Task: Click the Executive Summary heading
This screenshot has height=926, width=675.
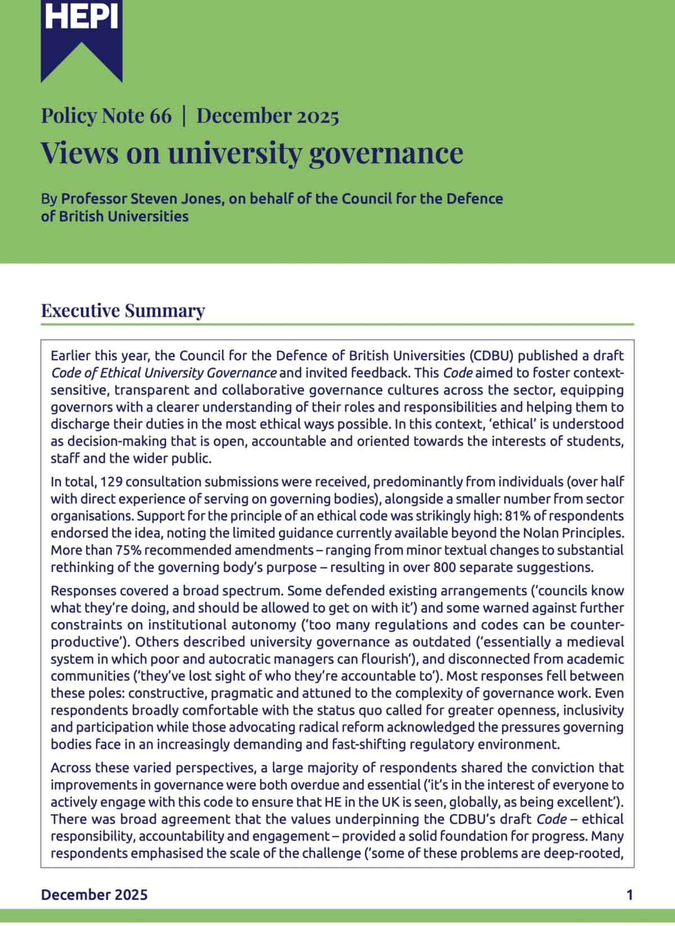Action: [x=123, y=311]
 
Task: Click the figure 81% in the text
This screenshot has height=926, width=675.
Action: [x=515, y=516]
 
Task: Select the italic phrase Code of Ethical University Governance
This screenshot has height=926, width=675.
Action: [x=163, y=373]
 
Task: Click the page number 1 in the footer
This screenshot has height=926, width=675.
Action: [x=629, y=894]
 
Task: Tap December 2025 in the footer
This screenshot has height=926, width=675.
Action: [x=94, y=894]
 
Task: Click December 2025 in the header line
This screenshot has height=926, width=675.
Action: [x=268, y=116]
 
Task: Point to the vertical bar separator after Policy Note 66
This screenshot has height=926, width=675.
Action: [x=184, y=116]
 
